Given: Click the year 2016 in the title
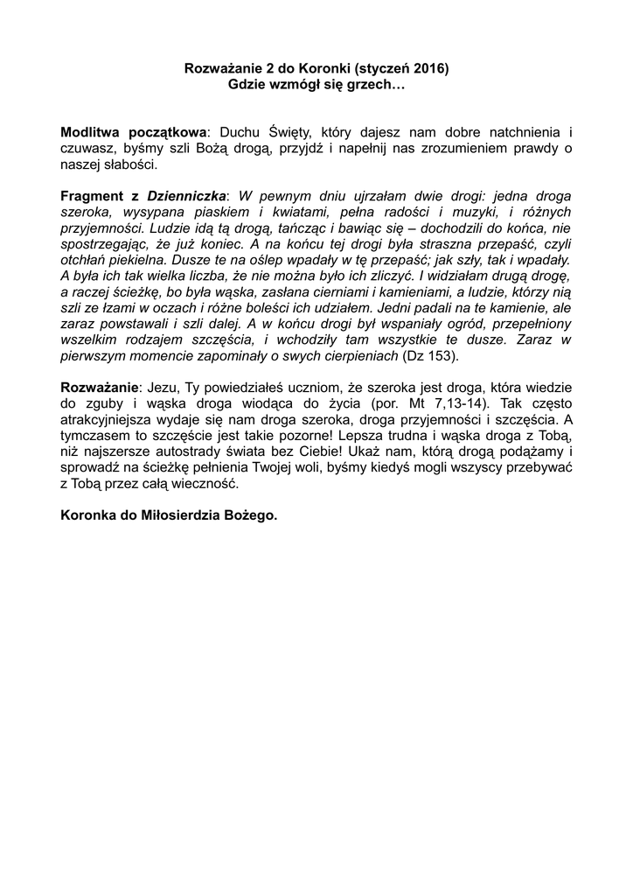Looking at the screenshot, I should [433, 68].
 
